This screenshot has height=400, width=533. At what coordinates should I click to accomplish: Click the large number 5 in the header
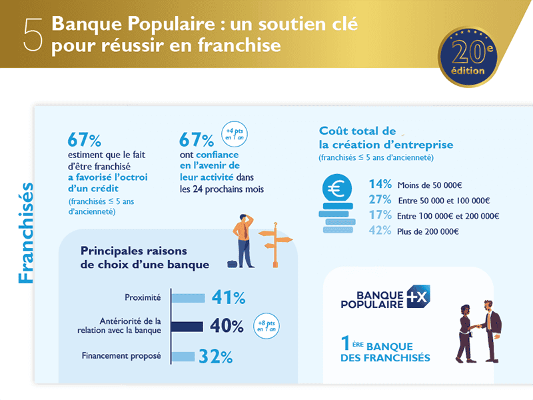[33, 35]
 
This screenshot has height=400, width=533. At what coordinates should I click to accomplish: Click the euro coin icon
[336, 189]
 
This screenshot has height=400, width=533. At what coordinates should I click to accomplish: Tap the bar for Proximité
[188, 297]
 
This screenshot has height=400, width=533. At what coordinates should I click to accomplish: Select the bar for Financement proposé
[183, 357]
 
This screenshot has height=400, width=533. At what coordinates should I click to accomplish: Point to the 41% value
[229, 297]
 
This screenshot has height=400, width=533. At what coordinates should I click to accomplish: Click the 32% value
[216, 357]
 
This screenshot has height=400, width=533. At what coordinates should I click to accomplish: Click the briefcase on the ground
[232, 264]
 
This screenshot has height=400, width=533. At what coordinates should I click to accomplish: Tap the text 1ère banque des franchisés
[384, 352]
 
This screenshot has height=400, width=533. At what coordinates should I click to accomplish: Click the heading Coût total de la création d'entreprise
[386, 138]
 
